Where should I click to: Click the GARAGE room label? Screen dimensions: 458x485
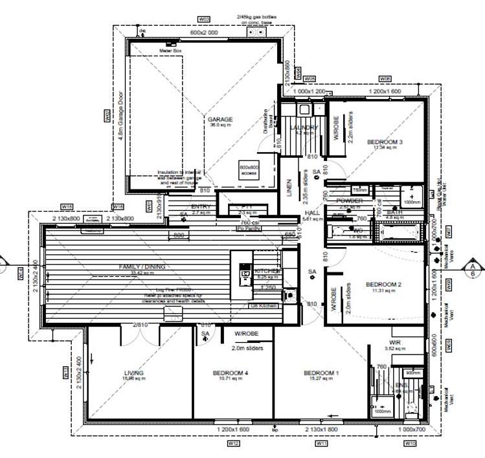pyautogui.click(x=220, y=120)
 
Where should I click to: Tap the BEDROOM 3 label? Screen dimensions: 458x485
pyautogui.click(x=385, y=142)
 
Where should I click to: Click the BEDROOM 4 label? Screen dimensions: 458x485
pyautogui.click(x=231, y=373)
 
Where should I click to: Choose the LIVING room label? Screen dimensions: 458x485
pyautogui.click(x=134, y=373)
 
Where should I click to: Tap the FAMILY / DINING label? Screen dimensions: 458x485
pyautogui.click(x=142, y=267)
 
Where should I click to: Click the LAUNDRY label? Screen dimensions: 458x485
pyautogui.click(x=304, y=128)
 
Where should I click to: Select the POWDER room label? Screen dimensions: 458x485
pyautogui.click(x=349, y=201)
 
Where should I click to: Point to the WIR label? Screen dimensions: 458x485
pyautogui.click(x=397, y=343)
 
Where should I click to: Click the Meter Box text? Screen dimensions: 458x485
pyautogui.click(x=169, y=50)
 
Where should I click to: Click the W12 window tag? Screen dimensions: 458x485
pyautogui.click(x=234, y=444)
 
